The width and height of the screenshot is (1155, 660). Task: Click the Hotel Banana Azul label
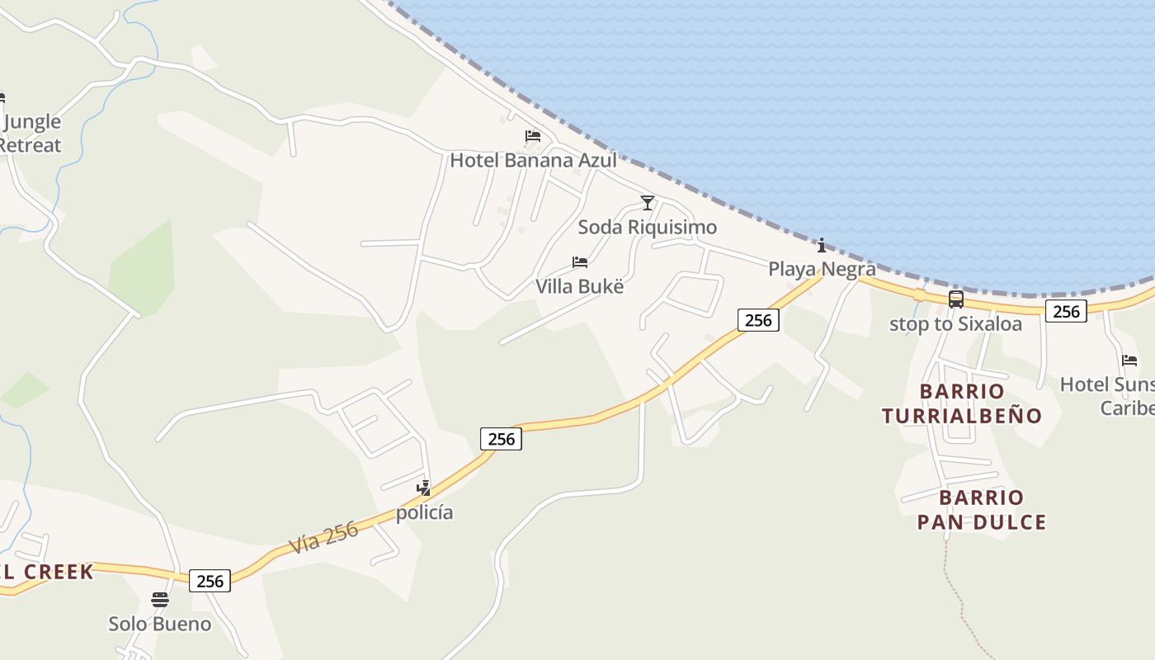(533, 160)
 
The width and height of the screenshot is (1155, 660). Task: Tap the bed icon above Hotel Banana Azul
(533, 136)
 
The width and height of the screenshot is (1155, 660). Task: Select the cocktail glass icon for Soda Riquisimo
(648, 203)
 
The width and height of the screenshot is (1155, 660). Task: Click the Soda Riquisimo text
(648, 227)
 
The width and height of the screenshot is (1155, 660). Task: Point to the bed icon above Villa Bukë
(580, 262)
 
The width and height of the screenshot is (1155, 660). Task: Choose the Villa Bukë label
(580, 287)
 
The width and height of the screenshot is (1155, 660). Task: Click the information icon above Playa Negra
(822, 245)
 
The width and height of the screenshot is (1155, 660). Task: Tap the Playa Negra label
(822, 269)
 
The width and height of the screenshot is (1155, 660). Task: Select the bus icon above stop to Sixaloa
(955, 299)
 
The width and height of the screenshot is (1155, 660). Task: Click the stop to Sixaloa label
(955, 324)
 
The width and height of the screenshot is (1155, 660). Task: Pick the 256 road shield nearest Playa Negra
(758, 320)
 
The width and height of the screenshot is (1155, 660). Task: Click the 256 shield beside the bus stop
(1066, 311)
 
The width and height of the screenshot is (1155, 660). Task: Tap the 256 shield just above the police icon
(502, 439)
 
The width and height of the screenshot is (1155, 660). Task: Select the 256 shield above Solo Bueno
(210, 581)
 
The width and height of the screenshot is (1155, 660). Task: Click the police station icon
(424, 488)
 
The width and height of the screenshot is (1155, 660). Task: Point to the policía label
(424, 512)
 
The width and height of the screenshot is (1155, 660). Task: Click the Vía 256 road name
(324, 538)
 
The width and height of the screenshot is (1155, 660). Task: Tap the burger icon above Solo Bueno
(160, 600)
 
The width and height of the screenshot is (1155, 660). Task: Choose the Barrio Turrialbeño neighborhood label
(962, 403)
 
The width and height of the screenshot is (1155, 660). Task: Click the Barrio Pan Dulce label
(982, 510)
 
